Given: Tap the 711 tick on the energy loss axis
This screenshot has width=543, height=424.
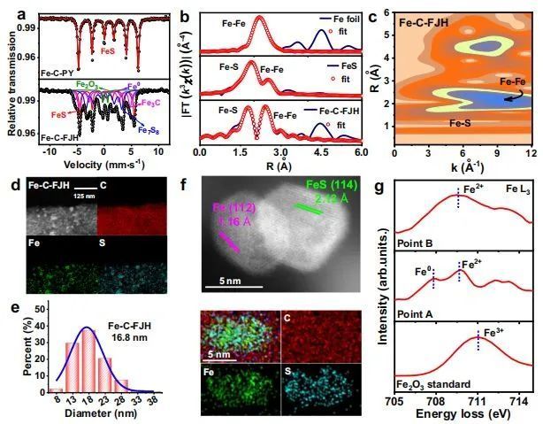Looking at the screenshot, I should (x=478, y=399).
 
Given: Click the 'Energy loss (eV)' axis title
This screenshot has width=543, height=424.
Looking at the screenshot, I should (x=463, y=414).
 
